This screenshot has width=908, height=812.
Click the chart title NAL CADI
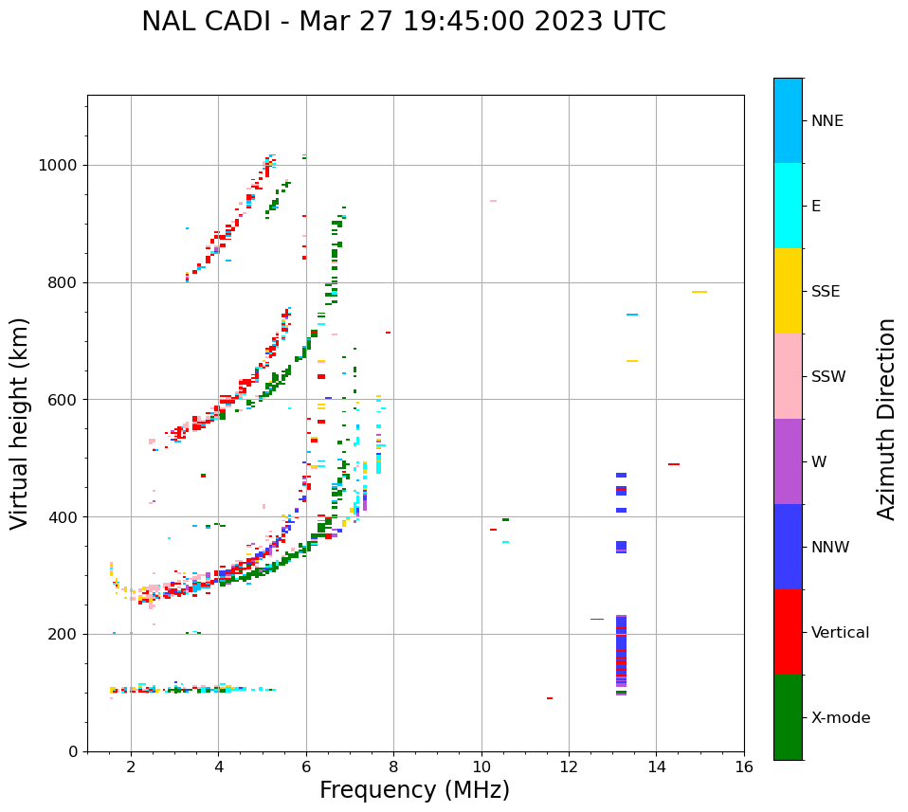click(403, 22)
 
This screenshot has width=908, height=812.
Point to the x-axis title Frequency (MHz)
click(414, 790)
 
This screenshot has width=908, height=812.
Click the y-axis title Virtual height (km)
click(20, 424)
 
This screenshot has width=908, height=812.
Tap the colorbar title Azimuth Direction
click(886, 419)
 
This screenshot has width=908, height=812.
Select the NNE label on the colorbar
click(826, 121)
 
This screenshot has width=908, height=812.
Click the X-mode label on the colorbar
click(840, 718)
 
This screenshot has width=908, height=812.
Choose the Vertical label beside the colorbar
click(840, 633)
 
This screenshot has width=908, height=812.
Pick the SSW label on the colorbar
click(828, 377)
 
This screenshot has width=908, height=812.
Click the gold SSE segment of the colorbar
click(788, 291)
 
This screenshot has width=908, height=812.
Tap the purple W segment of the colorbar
click(788, 461)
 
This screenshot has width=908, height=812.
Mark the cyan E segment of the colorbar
click(788, 206)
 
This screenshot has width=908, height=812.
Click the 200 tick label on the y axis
click(66, 635)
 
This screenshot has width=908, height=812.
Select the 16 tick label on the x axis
click(744, 767)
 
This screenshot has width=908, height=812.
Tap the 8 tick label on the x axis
click(393, 767)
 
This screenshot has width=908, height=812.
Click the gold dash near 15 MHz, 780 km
click(699, 292)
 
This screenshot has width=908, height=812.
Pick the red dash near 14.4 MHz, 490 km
click(673, 464)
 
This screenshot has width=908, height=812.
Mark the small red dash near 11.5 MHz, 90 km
click(550, 698)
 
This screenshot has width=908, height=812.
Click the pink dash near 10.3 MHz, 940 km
click(493, 201)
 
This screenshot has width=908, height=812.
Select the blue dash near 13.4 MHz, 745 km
click(632, 315)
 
